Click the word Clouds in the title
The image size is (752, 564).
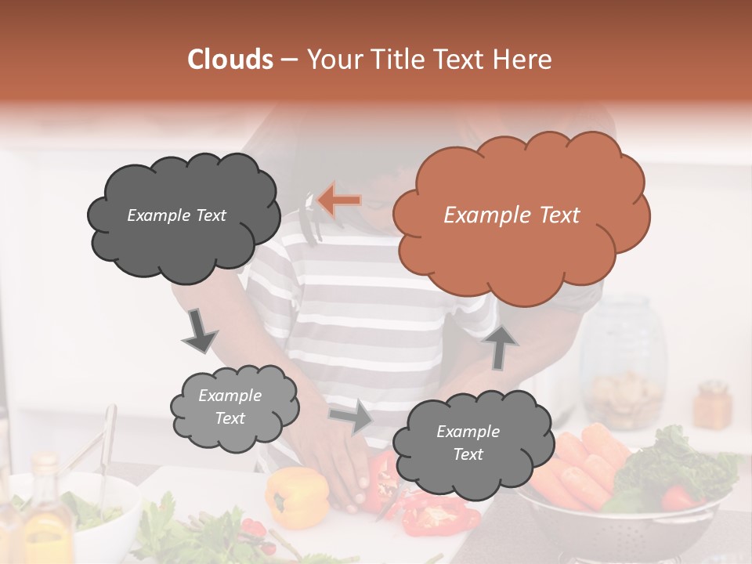(x=230, y=60)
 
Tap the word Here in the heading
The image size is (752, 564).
(x=525, y=60)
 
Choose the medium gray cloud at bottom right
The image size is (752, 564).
(x=468, y=444)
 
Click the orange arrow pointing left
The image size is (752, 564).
(x=340, y=200)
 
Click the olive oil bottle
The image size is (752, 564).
(x=45, y=513)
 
